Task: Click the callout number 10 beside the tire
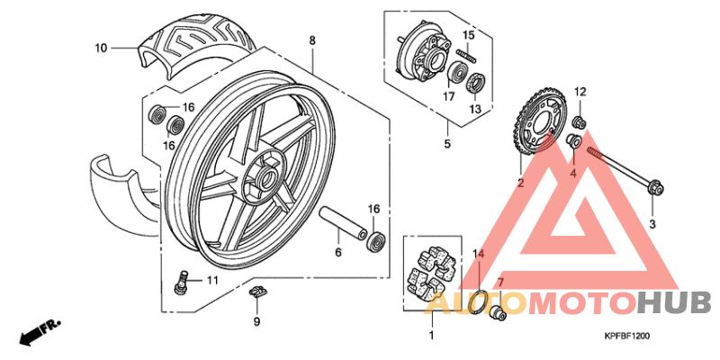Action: tap(100, 47)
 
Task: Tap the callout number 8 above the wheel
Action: tap(312, 41)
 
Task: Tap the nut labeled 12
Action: tap(580, 121)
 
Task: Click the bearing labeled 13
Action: tap(475, 85)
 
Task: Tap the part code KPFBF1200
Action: tap(626, 336)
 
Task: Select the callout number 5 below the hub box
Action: tap(447, 142)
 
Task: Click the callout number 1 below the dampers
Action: tap(430, 336)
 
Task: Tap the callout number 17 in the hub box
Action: tap(447, 96)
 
